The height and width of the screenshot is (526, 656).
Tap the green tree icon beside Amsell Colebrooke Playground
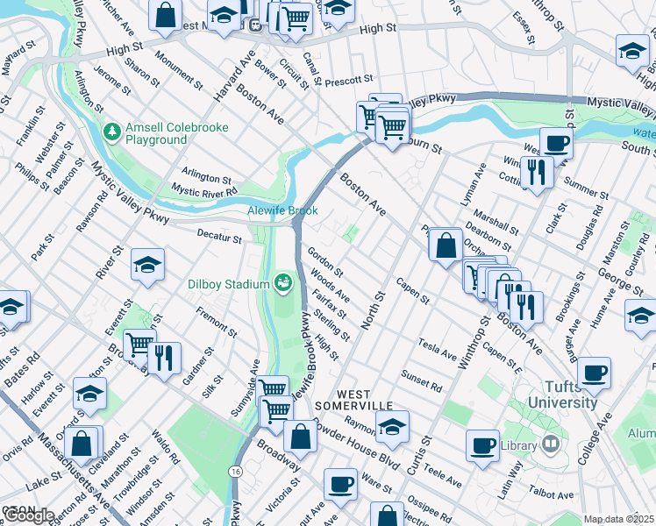[x=111, y=132]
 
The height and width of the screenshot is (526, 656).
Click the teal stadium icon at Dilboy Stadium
[x=282, y=283]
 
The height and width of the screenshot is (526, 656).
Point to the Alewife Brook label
[x=281, y=211]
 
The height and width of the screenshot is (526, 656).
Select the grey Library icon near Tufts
[x=550, y=445]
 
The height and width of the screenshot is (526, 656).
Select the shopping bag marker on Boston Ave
[x=446, y=245]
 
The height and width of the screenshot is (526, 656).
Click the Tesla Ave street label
[x=438, y=350]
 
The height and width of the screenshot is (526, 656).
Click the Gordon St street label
[x=324, y=260]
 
